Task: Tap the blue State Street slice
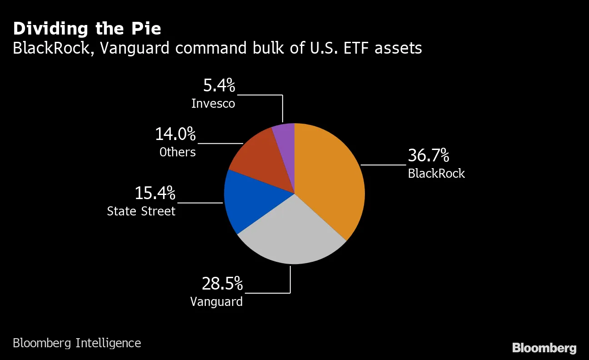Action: coord(250,200)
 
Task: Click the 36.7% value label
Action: coord(428,155)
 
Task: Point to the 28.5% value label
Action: coord(222,284)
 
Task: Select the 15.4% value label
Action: coord(155,193)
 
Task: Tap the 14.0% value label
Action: coord(175,134)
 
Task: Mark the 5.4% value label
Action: coord(219,85)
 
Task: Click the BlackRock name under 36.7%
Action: coord(436,174)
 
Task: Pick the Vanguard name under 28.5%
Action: coord(216,302)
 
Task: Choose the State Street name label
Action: coord(141,211)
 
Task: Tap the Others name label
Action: coord(177,152)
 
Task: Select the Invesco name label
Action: coord(213,104)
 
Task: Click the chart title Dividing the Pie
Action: coord(87,29)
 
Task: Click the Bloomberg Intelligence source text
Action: coord(77,343)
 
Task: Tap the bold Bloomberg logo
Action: coord(544,348)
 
